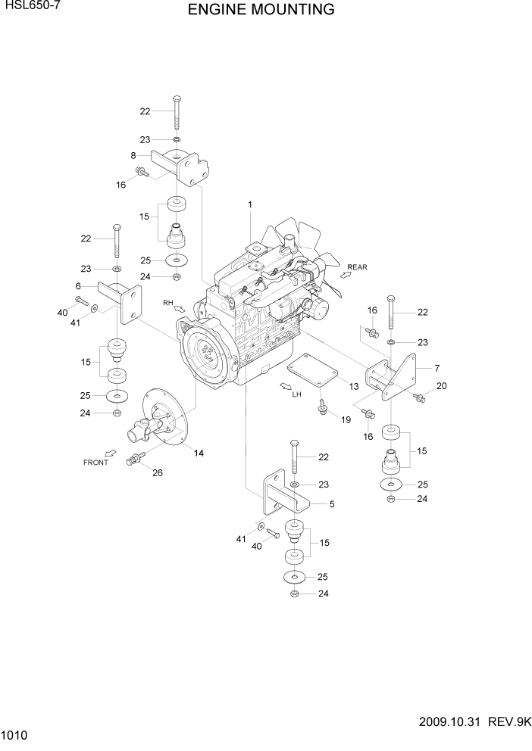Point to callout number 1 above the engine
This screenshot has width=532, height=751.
click(x=249, y=204)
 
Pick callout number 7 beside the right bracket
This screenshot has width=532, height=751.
click(x=437, y=368)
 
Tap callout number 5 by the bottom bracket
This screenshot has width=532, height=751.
click(x=331, y=502)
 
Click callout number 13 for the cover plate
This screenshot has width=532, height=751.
click(x=353, y=387)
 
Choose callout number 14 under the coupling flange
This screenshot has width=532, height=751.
click(x=199, y=453)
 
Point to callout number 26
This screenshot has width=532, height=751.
click(x=158, y=474)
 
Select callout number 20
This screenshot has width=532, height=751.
click(x=442, y=386)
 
